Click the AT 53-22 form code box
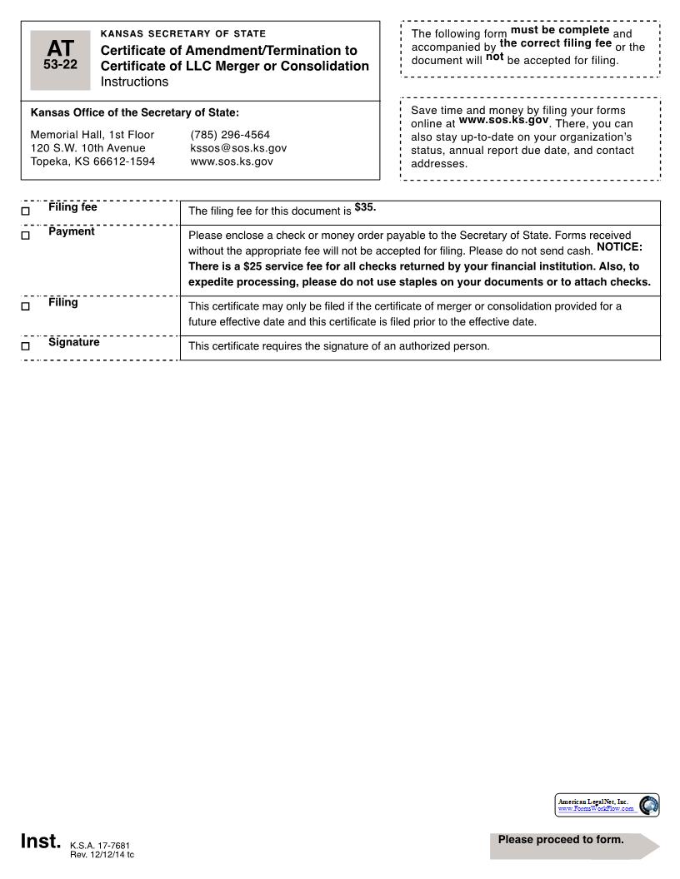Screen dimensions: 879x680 [x=61, y=60]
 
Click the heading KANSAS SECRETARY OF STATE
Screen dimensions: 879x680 [x=182, y=34]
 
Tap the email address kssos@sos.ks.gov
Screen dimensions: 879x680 [x=238, y=148]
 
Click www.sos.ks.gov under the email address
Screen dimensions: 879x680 [x=232, y=161]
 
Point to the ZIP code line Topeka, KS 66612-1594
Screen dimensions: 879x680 [x=92, y=161]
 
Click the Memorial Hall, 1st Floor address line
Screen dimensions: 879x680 [x=92, y=135]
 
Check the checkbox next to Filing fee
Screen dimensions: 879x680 [x=25, y=211]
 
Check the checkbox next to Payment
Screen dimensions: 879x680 [x=25, y=236]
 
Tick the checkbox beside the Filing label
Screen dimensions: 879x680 [x=25, y=306]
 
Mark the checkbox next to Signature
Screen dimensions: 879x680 [x=25, y=345]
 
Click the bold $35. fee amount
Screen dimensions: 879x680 [x=365, y=207]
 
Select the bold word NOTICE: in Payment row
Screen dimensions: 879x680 [x=619, y=247]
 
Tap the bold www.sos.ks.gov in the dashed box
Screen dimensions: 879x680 [x=503, y=120]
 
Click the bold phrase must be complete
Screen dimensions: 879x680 [x=559, y=30]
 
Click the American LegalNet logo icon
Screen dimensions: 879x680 [x=648, y=805]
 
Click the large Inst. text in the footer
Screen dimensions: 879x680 [x=41, y=842]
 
